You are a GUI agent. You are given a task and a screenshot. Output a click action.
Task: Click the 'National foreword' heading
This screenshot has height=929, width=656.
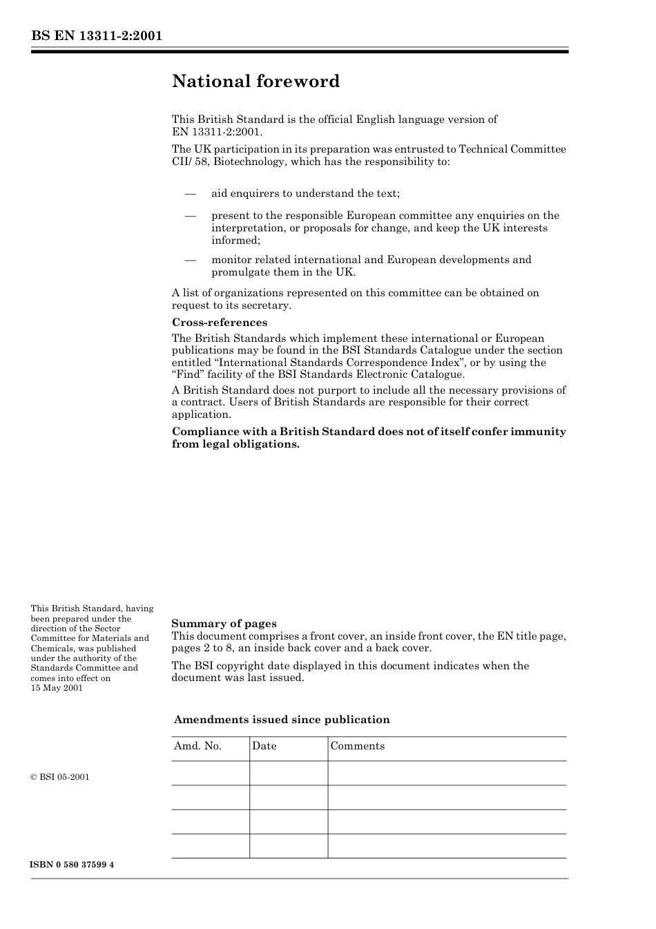(255, 82)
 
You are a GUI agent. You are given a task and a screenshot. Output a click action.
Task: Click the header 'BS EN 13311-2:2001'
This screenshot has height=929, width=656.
(96, 36)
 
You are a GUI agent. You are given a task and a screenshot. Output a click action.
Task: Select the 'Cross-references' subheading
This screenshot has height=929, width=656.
(219, 323)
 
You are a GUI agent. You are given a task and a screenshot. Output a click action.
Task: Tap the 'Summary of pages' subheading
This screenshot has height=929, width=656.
(224, 624)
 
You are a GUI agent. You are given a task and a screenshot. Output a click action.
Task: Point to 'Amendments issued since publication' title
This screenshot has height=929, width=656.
(281, 720)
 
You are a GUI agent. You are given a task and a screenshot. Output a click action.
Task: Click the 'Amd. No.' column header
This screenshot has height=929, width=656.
(197, 746)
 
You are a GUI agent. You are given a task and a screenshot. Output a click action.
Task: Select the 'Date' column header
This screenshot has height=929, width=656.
(264, 746)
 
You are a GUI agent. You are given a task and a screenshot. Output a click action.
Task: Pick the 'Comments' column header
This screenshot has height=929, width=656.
(357, 746)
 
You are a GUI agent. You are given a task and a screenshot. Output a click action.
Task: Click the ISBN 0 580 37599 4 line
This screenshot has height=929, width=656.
(72, 865)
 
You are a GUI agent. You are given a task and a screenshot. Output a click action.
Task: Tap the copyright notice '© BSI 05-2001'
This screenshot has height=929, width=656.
(60, 777)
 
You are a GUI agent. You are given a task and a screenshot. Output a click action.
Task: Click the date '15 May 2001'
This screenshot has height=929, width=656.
(57, 688)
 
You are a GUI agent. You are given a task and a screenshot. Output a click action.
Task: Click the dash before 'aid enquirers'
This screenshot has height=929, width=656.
(191, 193)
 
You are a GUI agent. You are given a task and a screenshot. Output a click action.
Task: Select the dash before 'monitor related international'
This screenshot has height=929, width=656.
(191, 260)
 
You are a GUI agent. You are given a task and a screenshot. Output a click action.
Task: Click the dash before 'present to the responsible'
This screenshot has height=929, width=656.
(191, 216)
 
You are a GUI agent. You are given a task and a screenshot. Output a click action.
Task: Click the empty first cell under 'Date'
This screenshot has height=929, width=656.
(288, 773)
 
